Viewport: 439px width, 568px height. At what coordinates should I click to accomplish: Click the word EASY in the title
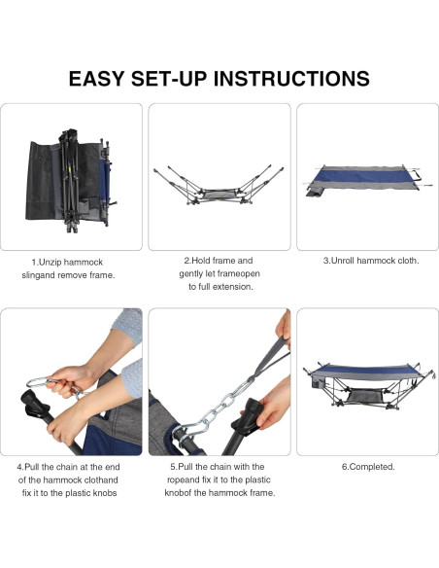96,79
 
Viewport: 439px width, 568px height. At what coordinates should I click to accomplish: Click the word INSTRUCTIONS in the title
291,79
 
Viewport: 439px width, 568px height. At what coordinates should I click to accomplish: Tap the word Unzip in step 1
52,263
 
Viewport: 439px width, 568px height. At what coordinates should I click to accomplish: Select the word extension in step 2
232,287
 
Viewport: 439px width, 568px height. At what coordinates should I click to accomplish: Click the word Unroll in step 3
344,261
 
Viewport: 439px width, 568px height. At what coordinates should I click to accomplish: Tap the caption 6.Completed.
368,467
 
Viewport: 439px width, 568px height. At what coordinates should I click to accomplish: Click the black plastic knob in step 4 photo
34,405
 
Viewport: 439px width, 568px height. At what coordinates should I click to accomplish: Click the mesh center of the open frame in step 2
219,195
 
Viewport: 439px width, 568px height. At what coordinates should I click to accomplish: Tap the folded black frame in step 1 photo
70,179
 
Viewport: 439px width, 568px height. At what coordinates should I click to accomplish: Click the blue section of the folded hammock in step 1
103,179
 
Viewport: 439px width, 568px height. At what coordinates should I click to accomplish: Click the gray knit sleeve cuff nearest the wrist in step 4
132,378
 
